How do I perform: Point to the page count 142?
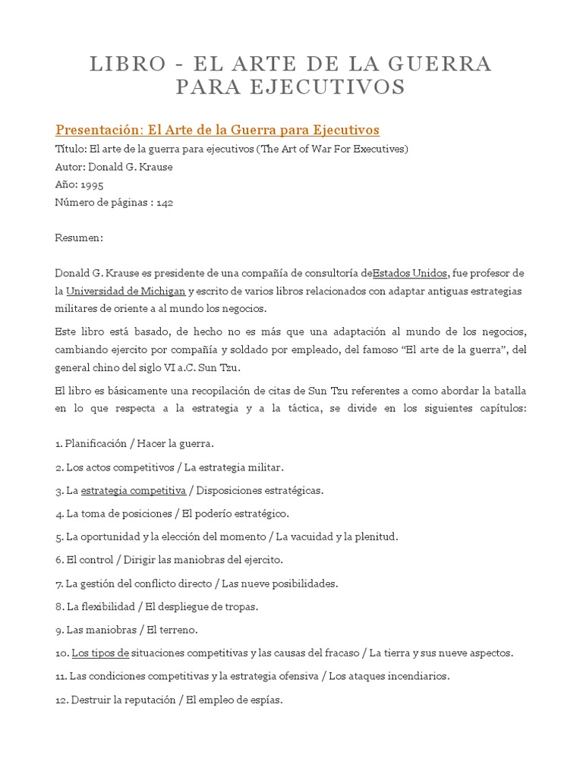point(166,203)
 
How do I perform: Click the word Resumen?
point(78,238)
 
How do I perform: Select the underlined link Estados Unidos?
point(411,273)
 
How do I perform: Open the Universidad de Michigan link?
point(125,291)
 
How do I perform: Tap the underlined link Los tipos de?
point(100,653)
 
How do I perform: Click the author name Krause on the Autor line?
point(155,167)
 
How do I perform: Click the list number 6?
point(58,560)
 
